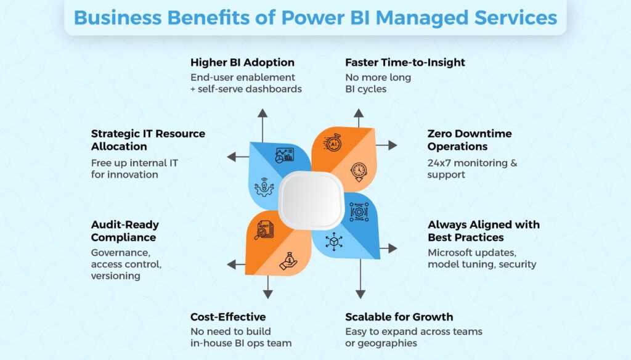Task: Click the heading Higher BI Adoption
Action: (x=242, y=63)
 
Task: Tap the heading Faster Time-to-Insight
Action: (x=405, y=63)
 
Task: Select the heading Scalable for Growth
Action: (x=399, y=317)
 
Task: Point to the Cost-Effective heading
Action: (x=228, y=317)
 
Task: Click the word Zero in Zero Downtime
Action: (x=440, y=134)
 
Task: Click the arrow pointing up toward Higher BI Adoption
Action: (x=263, y=114)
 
